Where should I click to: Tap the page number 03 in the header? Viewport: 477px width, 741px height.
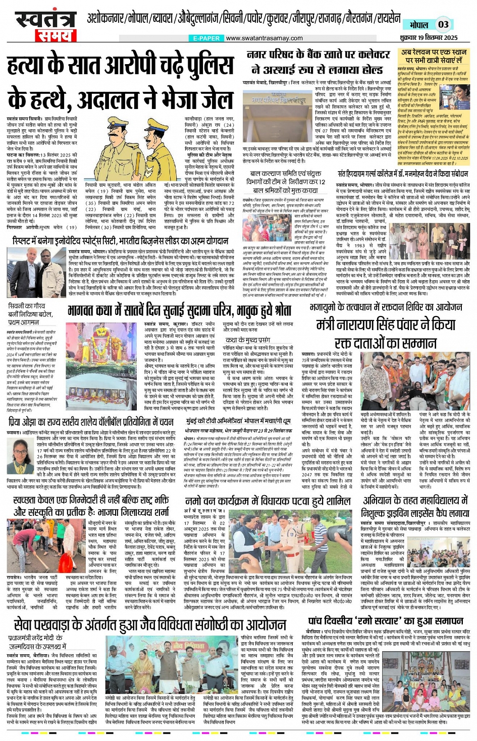(x=443, y=24)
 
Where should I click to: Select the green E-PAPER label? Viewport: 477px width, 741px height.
(x=206, y=38)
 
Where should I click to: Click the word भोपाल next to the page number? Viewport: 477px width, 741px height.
(x=418, y=25)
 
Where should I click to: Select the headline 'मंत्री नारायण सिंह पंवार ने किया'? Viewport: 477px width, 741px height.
(x=386, y=325)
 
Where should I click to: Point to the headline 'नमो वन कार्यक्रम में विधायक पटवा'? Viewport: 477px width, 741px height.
(x=268, y=501)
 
